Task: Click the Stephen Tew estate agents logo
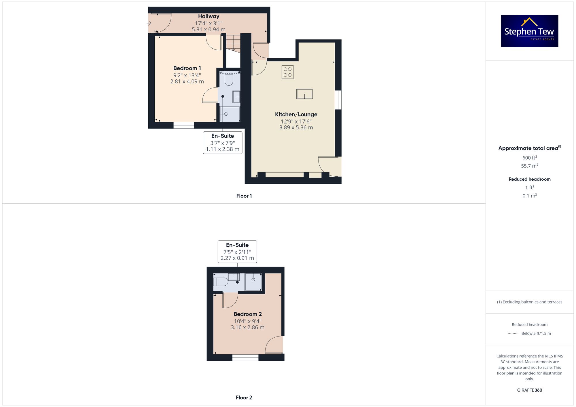[x=529, y=31]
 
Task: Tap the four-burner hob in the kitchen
[x=287, y=72]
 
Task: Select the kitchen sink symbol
[x=304, y=94]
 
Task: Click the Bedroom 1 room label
[x=187, y=68]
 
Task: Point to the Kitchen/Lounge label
[x=296, y=114]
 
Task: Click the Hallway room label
[x=209, y=16]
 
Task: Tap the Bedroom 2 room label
[x=248, y=314]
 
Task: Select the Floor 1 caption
[x=244, y=196]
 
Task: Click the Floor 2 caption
[x=244, y=398]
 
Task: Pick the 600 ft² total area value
[x=530, y=158]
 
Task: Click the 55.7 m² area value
[x=530, y=166]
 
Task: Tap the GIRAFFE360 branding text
[x=530, y=390]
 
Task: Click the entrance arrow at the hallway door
[x=149, y=23]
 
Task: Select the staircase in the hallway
[x=233, y=43]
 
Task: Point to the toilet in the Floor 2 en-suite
[x=221, y=282]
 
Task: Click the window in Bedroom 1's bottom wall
[x=184, y=125]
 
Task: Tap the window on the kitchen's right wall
[x=338, y=100]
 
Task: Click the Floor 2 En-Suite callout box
[x=237, y=252]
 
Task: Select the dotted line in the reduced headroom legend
[x=513, y=334]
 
